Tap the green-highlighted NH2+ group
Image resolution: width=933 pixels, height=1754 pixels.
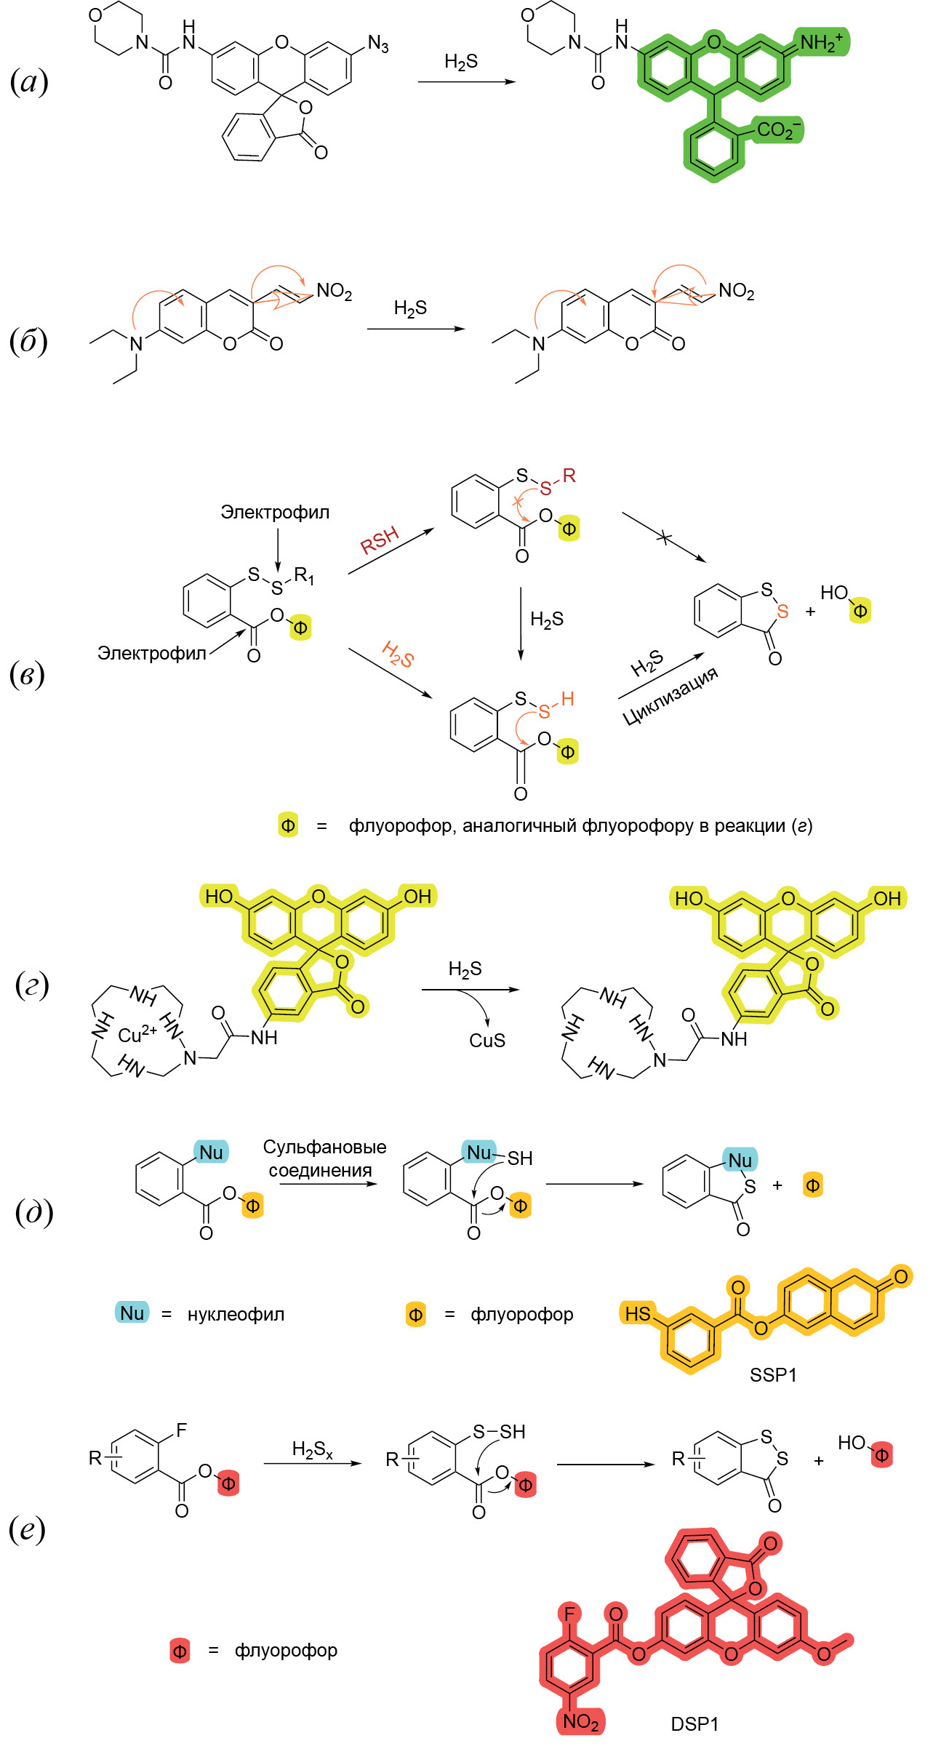click(821, 42)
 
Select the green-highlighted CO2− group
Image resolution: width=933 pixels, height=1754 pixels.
click(778, 130)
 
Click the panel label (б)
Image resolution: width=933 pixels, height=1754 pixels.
click(28, 340)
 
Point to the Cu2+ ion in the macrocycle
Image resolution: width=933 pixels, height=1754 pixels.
click(137, 1034)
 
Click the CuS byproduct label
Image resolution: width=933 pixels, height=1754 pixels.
click(487, 1041)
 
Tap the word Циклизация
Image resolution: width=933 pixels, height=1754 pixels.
click(670, 695)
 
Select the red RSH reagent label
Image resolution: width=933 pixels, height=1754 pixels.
click(380, 540)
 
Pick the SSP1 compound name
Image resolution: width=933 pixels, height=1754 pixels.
click(773, 1375)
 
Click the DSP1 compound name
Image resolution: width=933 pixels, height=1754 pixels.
click(694, 1724)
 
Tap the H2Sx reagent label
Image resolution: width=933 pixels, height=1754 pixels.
click(312, 1450)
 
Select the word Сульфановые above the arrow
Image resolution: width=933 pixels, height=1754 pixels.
click(324, 1147)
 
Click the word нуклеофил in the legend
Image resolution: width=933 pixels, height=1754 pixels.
click(236, 1314)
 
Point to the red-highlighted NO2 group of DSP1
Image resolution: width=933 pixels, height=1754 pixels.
click(580, 1721)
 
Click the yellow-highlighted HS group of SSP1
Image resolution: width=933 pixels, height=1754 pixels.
click(638, 1313)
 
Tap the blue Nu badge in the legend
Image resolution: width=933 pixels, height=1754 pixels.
click(132, 1313)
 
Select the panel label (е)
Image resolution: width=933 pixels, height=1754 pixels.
click(27, 1529)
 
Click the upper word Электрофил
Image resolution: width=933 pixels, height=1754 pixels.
click(275, 513)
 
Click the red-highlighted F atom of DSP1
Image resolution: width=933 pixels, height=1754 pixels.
click(569, 1614)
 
